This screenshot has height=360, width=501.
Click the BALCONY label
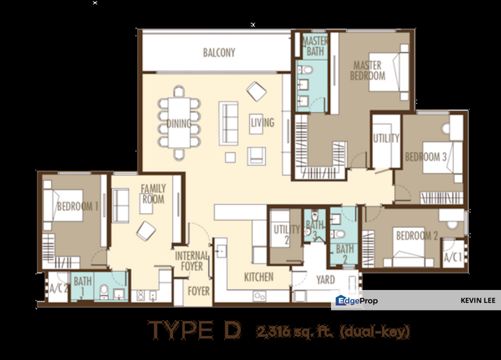point(219,52)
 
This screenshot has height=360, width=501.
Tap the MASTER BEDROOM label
point(367,70)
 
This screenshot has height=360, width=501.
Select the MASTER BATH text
point(315,46)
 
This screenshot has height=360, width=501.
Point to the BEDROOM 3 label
point(425,156)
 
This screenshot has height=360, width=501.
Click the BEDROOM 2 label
point(417,235)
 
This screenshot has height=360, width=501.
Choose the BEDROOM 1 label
point(77,206)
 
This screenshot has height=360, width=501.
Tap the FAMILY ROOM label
point(153,194)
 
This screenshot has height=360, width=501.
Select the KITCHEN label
point(258,276)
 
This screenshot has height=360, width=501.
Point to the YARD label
point(325,279)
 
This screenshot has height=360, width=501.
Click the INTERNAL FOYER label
point(191,261)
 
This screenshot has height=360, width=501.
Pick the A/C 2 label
point(58,288)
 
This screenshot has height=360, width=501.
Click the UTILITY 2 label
point(286,234)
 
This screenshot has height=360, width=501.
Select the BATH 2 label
point(344,253)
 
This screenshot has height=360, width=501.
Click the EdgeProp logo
point(356,300)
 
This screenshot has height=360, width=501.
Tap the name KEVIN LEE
point(478,300)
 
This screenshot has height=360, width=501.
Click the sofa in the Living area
point(229,123)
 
